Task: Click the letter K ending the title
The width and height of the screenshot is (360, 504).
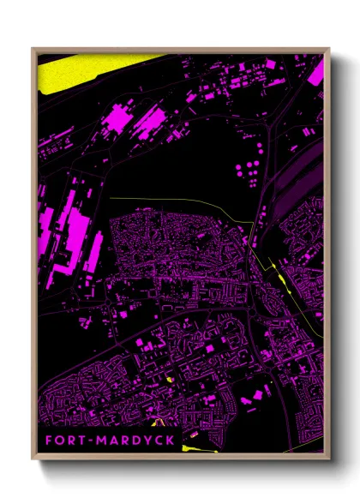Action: coord(171,441)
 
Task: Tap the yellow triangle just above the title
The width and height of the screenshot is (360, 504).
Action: coord(158,421)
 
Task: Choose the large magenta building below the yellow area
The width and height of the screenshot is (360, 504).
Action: coord(117,117)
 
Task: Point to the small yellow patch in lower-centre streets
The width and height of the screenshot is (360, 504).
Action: coord(170,381)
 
